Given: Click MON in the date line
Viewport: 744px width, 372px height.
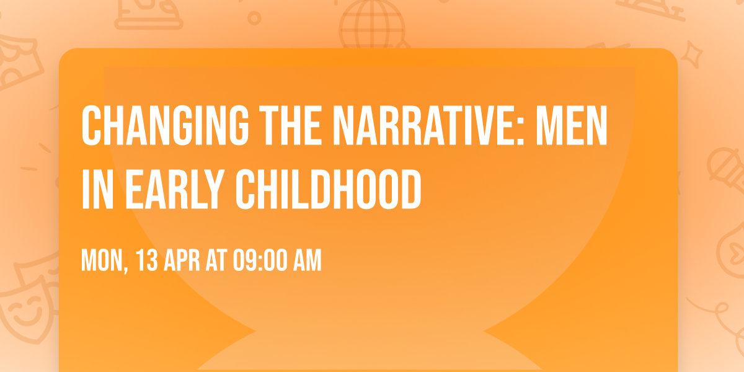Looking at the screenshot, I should click(x=102, y=261).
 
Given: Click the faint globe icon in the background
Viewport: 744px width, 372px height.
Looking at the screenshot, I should click(x=371, y=25).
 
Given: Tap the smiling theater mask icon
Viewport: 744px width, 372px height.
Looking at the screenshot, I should click(x=25, y=310).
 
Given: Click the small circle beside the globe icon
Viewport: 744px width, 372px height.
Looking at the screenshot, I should click(x=254, y=19).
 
